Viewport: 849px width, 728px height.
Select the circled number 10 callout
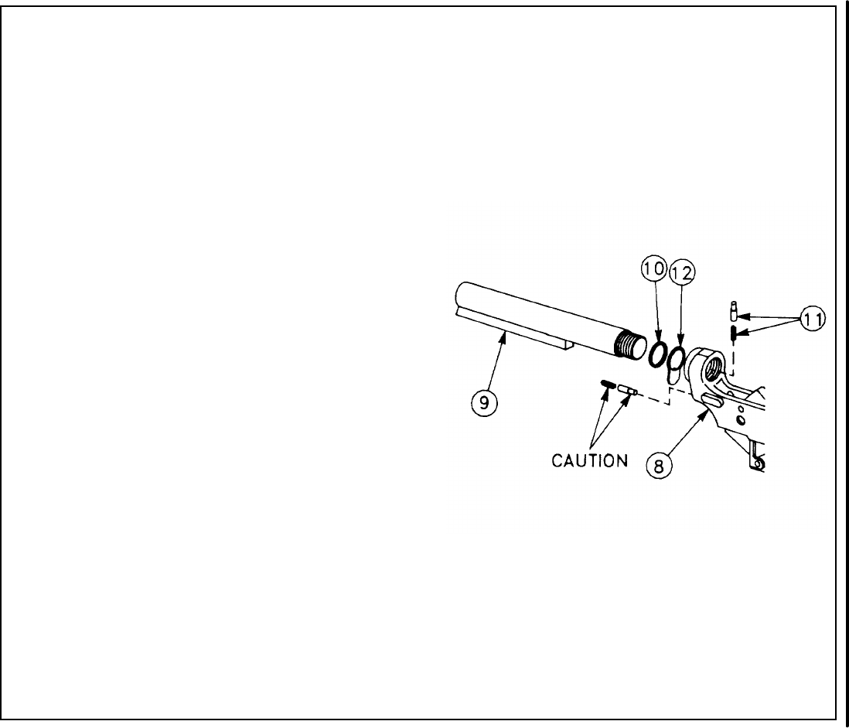coord(653,270)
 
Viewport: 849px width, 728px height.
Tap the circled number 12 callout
coord(682,272)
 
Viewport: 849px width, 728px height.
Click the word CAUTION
coord(590,460)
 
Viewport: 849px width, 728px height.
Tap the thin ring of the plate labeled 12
coord(677,358)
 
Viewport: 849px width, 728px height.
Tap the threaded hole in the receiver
coord(712,363)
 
